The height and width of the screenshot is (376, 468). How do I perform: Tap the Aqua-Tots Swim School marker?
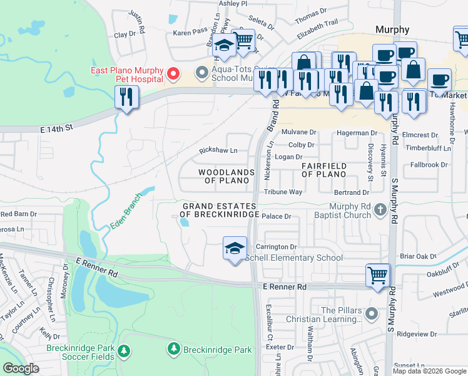[201, 73]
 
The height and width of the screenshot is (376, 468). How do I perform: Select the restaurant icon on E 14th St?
[127, 98]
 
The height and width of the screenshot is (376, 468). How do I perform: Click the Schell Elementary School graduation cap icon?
[235, 249]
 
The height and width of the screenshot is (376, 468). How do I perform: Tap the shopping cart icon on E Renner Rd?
[378, 275]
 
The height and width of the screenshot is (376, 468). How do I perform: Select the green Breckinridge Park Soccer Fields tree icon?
[124, 349]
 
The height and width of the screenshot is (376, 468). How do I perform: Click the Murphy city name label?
[392, 29]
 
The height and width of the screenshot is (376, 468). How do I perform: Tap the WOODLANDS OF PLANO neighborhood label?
[226, 176]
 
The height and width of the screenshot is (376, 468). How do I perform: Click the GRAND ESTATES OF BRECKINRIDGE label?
[220, 211]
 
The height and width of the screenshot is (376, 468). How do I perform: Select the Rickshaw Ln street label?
[218, 150]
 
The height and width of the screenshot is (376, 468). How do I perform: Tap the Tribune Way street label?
[283, 192]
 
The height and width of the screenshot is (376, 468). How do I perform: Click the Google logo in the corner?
[21, 368]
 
